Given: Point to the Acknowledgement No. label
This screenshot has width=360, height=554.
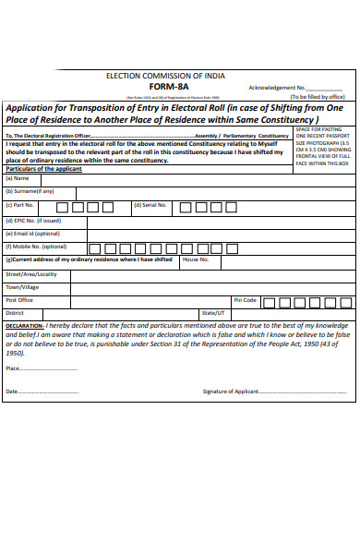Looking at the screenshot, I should tap(277, 87).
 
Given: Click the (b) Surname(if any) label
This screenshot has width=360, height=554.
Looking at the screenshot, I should tap(30, 191).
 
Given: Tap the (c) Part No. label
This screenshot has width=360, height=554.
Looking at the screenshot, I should tap(20, 205).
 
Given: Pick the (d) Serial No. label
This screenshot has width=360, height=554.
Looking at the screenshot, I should tap(150, 205).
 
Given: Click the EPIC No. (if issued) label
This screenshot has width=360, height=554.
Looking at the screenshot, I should tap(33, 221).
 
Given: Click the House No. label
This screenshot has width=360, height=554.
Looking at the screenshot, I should tap(195, 260).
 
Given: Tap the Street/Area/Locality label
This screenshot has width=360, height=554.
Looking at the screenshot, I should tap(31, 274).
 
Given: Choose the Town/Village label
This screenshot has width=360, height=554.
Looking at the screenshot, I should tap(23, 287).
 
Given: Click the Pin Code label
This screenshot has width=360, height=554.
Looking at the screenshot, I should tap(245, 300).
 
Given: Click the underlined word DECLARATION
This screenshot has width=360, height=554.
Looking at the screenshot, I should tap(24, 326).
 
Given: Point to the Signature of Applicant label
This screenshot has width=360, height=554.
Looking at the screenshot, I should tap(231, 391).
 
